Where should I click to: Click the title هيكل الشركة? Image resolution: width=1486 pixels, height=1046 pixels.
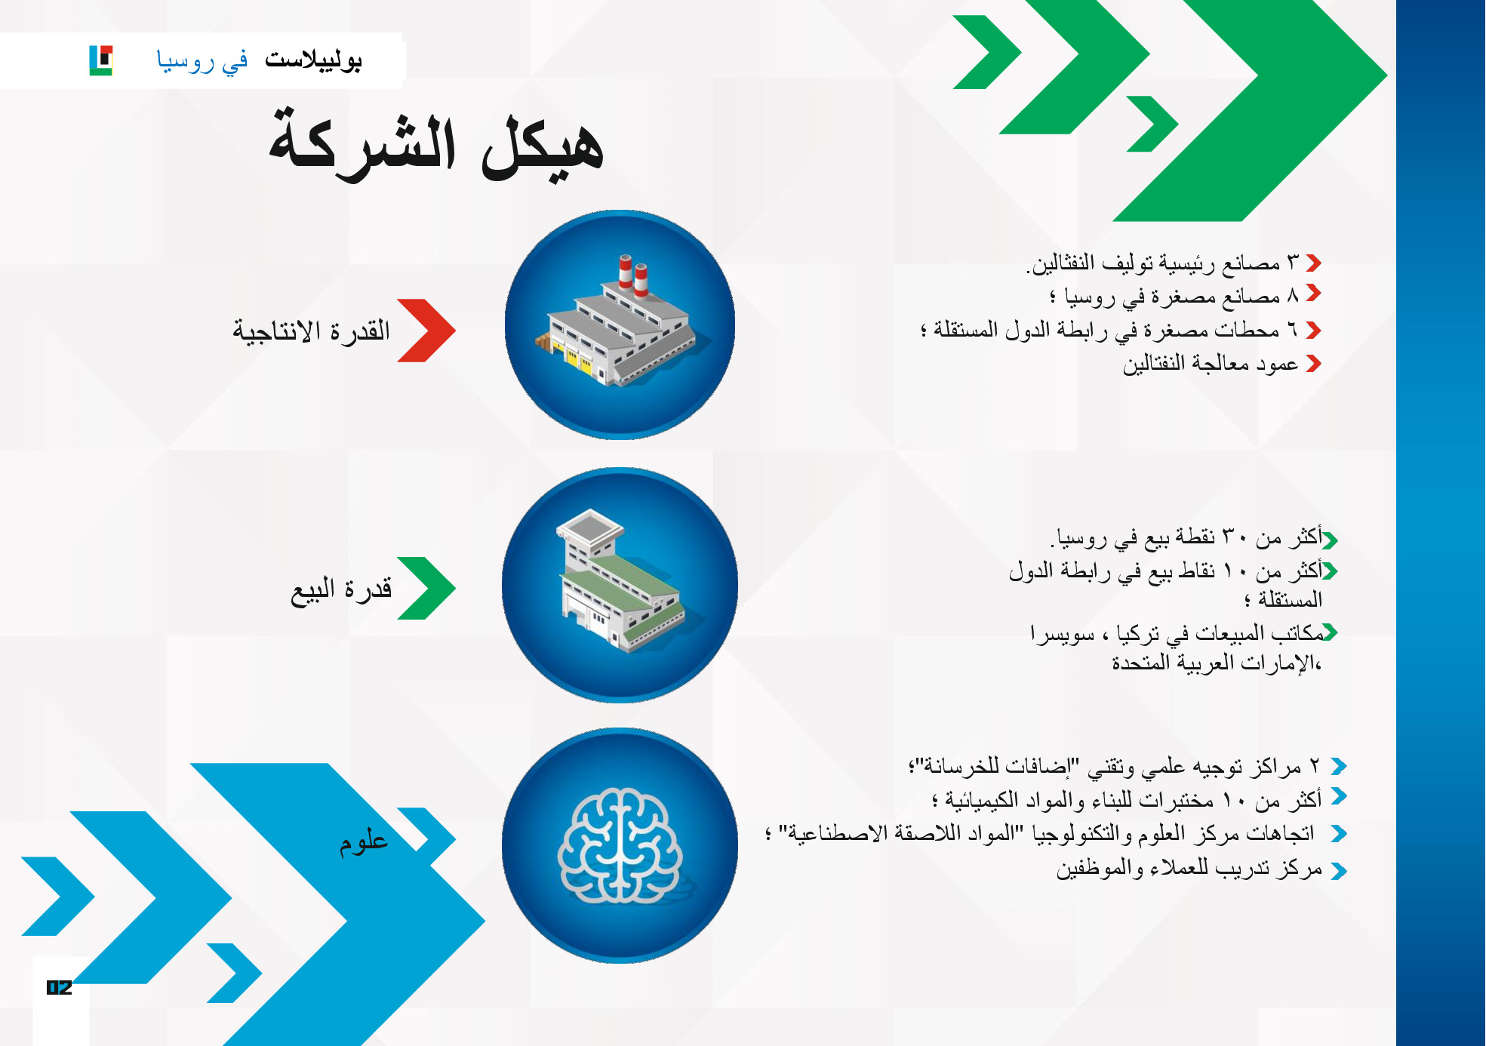pyautogui.click(x=436, y=144)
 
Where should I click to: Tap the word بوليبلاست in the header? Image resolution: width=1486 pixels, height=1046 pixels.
pyautogui.click(x=313, y=60)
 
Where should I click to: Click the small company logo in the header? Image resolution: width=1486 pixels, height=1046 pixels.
pyautogui.click(x=101, y=60)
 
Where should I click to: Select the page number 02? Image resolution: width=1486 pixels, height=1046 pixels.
pyautogui.click(x=60, y=987)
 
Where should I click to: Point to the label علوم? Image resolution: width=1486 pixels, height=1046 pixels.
pyautogui.click(x=364, y=841)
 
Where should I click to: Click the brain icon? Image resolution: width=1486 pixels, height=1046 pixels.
pyautogui.click(x=620, y=845)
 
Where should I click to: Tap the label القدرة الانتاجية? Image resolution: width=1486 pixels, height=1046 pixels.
pyautogui.click(x=312, y=331)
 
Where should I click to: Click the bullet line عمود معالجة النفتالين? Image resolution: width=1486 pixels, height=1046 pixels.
pyautogui.click(x=1211, y=364)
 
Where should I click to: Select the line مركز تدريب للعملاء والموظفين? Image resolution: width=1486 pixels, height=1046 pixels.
pyautogui.click(x=1189, y=869)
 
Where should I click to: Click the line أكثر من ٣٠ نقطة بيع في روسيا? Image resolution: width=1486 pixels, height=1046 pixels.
pyautogui.click(x=1186, y=537)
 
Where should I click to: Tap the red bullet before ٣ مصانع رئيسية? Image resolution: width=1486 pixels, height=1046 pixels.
pyautogui.click(x=1313, y=263)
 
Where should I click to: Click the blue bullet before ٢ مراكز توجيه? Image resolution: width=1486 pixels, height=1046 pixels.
pyautogui.click(x=1339, y=767)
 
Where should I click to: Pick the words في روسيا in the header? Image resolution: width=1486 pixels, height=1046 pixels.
pyautogui.click(x=202, y=60)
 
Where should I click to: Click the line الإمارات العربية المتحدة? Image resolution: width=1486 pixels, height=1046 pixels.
pyautogui.click(x=1217, y=663)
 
